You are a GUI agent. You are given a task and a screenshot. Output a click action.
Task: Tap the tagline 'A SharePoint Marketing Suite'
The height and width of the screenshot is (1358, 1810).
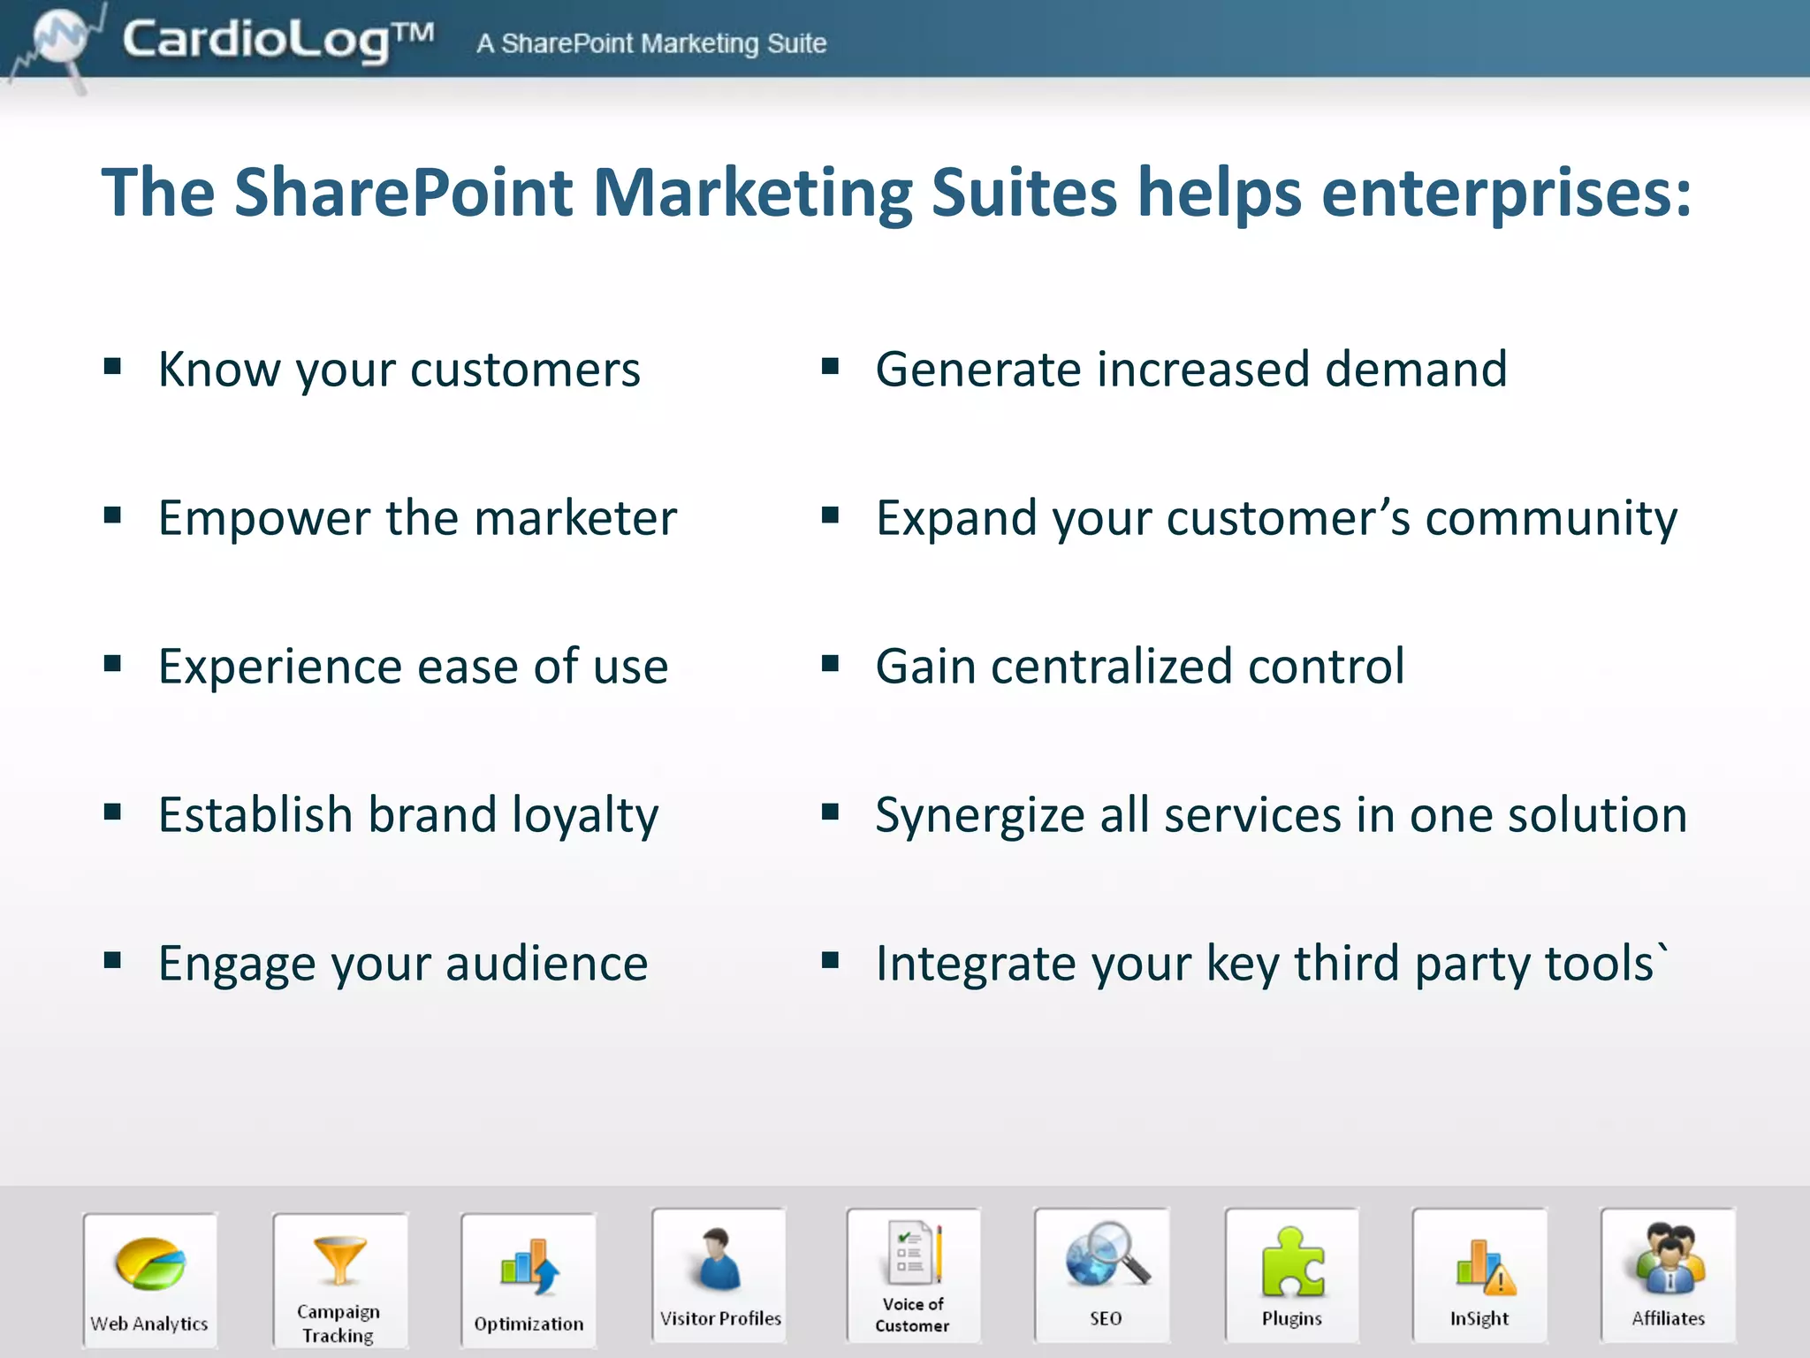coord(651,43)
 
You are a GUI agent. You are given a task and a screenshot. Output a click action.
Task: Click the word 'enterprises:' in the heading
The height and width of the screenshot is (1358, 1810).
coord(1506,193)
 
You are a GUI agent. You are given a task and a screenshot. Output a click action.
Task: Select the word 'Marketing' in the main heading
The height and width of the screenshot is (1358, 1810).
coord(752,193)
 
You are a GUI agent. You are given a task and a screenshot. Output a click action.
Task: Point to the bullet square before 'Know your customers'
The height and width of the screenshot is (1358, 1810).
coord(112,366)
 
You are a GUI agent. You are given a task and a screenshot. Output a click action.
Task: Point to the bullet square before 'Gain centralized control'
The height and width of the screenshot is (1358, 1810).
coord(830,663)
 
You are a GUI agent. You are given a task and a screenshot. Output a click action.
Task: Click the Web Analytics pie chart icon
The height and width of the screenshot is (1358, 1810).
coord(150,1264)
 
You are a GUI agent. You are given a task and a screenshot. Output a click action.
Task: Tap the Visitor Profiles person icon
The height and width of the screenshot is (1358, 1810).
coord(719,1259)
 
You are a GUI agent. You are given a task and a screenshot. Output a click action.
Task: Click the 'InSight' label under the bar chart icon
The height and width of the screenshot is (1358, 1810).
coord(1479,1319)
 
